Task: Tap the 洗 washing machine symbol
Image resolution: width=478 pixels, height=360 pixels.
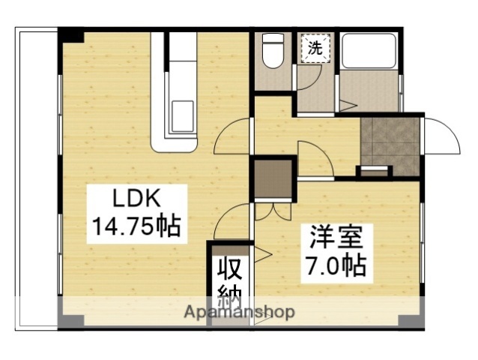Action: [x=315, y=49]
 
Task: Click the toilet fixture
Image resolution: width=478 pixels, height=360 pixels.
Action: [x=273, y=53]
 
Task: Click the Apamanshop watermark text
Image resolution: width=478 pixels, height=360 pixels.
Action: [x=239, y=312]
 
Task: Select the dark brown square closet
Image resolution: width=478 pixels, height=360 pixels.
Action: [x=272, y=178]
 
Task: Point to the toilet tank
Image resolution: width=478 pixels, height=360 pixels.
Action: [x=273, y=40]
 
